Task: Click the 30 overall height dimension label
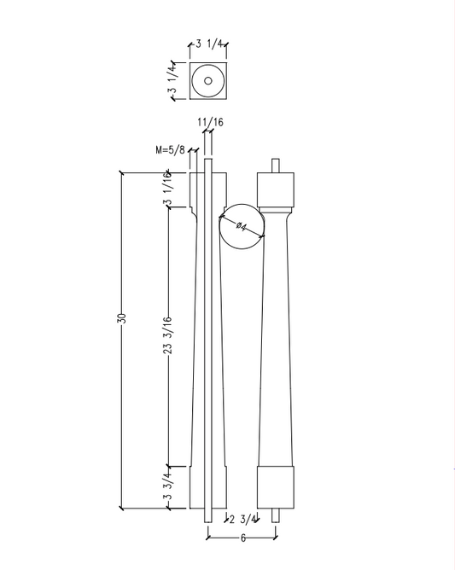point(122,318)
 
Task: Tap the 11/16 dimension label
point(209,123)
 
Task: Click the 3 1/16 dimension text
point(167,189)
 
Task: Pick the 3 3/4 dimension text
point(167,487)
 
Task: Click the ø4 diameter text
point(242,226)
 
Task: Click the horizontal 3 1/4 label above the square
point(209,44)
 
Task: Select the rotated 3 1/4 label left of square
point(172,82)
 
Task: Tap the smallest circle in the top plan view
point(207,82)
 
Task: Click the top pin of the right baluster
point(276,165)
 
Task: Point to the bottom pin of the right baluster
point(276,515)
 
